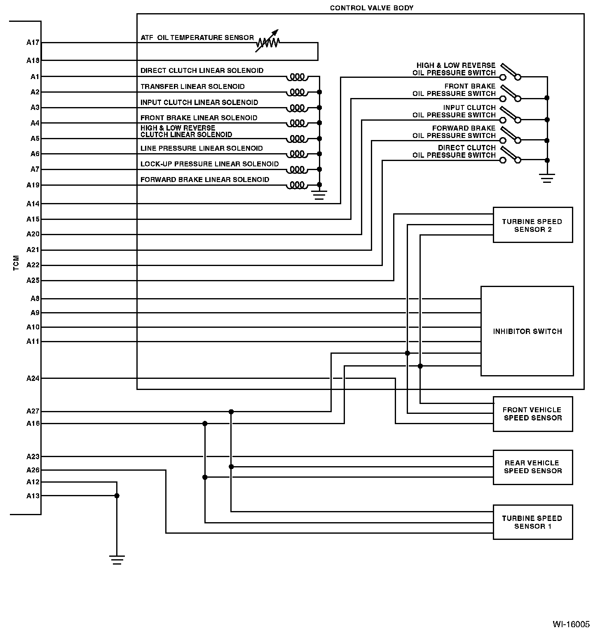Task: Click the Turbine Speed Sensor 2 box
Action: coord(532,225)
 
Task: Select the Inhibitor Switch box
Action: coord(527,331)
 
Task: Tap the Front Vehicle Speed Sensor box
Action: coord(532,414)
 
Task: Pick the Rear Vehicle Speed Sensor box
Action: coord(532,467)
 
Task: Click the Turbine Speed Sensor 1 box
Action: coord(532,522)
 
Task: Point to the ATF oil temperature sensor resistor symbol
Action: coord(268,42)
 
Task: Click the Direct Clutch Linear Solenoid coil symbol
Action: coord(297,77)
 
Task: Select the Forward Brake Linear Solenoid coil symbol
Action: coord(297,185)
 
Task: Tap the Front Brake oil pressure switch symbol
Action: coord(510,94)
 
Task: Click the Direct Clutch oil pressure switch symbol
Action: coord(510,156)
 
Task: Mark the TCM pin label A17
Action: coord(33,42)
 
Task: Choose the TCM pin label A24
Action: coord(33,378)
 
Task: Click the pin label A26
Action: coord(33,470)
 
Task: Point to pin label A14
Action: coord(33,203)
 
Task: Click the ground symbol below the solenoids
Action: coord(319,194)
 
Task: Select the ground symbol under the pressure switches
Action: coord(547,178)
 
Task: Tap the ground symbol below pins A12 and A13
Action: coord(117,560)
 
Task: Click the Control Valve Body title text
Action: coord(371,8)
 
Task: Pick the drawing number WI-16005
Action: coord(571,624)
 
